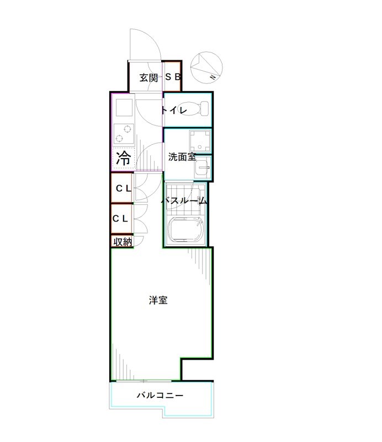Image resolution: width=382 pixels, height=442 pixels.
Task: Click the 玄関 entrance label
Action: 148,77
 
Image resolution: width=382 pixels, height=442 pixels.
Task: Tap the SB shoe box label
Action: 173,77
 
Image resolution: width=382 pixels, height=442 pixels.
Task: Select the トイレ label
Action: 174,110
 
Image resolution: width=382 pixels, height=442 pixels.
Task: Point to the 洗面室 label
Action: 182,157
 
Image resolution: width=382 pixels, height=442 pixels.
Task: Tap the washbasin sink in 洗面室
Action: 203,166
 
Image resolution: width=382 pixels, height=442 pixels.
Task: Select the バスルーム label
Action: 184,201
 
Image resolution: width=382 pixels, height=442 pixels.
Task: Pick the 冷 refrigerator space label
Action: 123,159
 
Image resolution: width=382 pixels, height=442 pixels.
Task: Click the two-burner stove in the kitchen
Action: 123,133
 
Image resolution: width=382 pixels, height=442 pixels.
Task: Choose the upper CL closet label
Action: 123,188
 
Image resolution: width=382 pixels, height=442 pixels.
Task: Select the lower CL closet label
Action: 120,218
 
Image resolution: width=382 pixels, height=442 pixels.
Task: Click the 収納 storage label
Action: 123,241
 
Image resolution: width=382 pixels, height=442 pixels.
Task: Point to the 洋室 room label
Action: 158,301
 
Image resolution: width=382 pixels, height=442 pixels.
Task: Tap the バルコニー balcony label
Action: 160,396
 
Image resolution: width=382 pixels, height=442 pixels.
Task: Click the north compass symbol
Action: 205,65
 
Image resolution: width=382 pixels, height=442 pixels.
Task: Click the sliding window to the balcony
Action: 144,381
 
